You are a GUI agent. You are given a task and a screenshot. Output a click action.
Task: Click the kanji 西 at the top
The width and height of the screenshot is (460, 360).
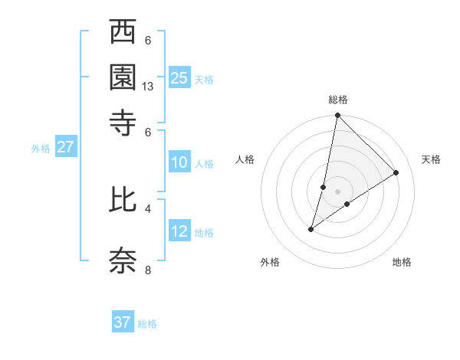pos(123,34)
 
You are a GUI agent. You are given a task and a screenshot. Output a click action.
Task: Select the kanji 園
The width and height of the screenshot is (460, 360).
pos(123,77)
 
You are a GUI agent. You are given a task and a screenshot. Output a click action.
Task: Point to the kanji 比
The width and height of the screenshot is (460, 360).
pos(123,201)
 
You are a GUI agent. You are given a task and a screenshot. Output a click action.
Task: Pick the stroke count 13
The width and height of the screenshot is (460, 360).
pos(148,87)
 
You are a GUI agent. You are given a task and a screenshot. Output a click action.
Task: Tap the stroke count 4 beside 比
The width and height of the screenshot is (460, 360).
pos(148,208)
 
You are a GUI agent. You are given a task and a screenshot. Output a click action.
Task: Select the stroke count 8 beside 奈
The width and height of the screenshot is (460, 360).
pos(148,269)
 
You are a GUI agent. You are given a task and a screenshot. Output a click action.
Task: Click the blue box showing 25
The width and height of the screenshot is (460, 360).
pos(179,77)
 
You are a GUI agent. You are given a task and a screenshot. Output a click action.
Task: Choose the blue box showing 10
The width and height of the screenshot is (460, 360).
pos(179,162)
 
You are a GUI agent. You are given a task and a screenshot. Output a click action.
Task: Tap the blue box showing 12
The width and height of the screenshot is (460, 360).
pos(179,231)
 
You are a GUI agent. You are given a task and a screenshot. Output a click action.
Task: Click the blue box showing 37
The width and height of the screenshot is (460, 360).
pos(123,322)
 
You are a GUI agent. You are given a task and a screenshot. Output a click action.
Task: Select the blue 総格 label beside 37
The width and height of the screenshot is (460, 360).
pos(147,324)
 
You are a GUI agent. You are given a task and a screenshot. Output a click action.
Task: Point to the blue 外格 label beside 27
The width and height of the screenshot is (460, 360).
pos(41,149)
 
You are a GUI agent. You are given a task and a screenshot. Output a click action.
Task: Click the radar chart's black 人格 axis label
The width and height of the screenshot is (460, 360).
pos(245,159)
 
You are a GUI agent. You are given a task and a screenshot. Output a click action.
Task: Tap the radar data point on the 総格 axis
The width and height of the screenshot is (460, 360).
pos(337,116)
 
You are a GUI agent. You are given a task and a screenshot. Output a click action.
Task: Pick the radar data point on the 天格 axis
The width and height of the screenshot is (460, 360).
pos(396,173)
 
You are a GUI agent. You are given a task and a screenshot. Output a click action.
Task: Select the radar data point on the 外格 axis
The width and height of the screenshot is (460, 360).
pos(311,229)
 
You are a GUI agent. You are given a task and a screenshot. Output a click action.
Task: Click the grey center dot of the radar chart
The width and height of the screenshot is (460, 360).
pos(337,191)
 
